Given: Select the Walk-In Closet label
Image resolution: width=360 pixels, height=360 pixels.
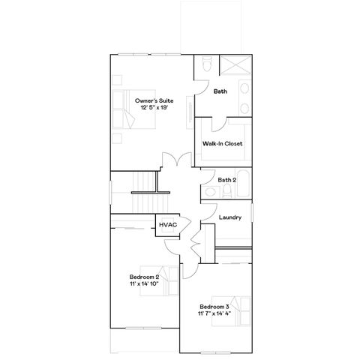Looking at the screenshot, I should [222, 143].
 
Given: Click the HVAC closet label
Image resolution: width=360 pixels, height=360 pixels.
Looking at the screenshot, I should [166, 224].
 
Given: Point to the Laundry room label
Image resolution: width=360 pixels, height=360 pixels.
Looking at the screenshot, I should [229, 217].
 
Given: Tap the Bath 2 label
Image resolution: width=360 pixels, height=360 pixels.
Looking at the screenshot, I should [227, 180].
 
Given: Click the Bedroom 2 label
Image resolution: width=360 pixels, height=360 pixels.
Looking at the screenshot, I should [144, 277].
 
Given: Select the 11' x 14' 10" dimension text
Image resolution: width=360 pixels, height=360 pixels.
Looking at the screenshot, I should [144, 284].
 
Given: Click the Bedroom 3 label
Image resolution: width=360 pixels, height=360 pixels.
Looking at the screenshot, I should [214, 307].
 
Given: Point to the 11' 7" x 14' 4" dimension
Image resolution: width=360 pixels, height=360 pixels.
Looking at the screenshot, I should [214, 314].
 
